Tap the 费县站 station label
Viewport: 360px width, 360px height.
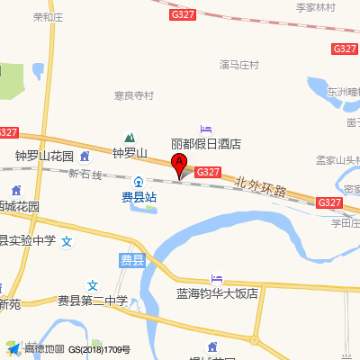click(x=139, y=196)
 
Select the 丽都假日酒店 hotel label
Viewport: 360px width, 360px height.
click(x=206, y=144)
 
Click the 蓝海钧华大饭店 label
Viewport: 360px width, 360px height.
click(x=217, y=293)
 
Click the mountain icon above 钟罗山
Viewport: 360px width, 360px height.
click(x=118, y=139)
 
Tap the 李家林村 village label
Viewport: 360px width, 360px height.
click(x=315, y=7)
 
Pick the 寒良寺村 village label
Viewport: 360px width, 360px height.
click(x=134, y=95)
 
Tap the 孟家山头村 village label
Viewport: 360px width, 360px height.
click(x=337, y=160)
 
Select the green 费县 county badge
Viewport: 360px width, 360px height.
click(x=131, y=260)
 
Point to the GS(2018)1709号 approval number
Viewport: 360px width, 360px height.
click(x=100, y=349)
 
